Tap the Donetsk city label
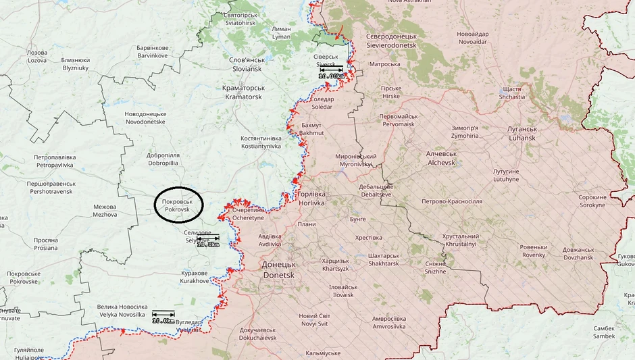coord(278,270)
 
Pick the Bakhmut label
coord(312,129)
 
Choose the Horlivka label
coord(311,199)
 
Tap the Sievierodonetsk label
coord(392,41)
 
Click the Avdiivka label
coord(270,240)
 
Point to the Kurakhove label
coord(195,276)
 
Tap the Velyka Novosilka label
coord(122,311)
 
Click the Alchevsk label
coord(442,158)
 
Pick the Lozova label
coord(36,56)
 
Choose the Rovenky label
coord(534,251)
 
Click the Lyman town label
coord(281,33)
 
